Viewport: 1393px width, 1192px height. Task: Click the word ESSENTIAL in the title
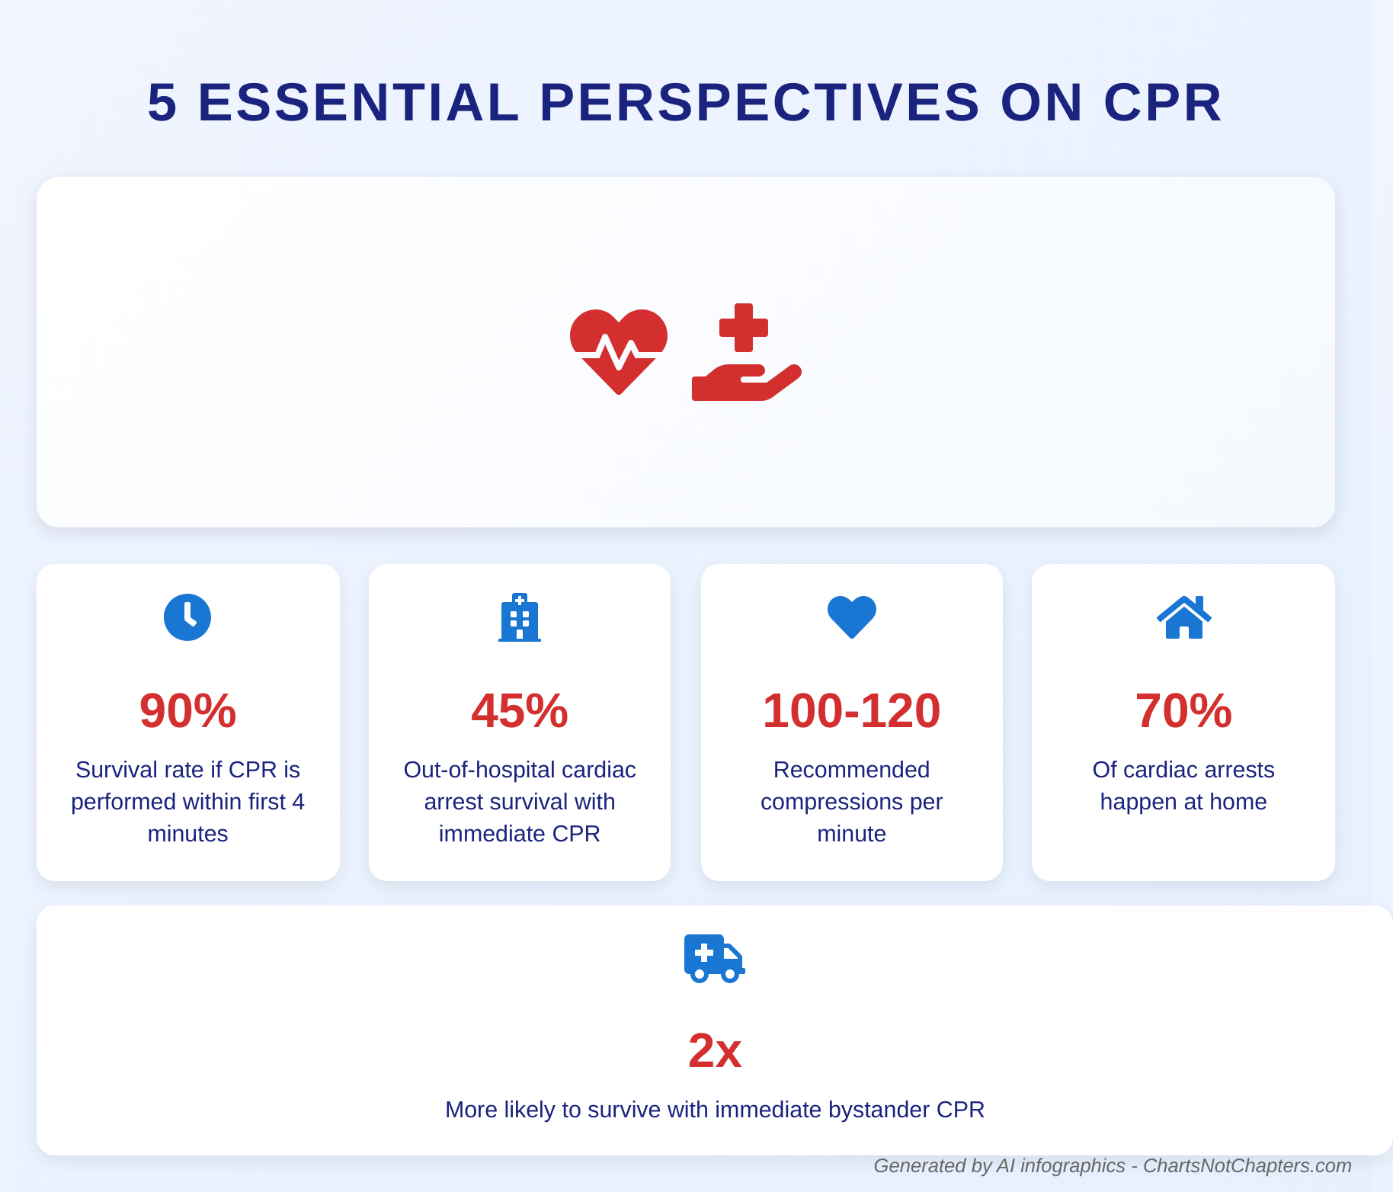(x=358, y=102)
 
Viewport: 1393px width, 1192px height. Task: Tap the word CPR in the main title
(x=1163, y=102)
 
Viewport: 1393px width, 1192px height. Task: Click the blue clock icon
(x=187, y=617)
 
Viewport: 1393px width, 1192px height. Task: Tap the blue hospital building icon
(x=520, y=617)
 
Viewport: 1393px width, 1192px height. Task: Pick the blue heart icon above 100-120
(x=851, y=617)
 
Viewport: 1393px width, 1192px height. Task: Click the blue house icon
(x=1183, y=617)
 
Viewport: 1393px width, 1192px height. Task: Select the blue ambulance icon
(x=714, y=958)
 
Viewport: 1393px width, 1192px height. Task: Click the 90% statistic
(x=187, y=710)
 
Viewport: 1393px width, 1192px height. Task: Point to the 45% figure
(x=520, y=710)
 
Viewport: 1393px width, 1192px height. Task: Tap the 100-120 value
(x=851, y=710)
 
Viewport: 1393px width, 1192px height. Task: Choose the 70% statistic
(x=1183, y=710)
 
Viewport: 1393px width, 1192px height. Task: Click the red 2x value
(x=714, y=1050)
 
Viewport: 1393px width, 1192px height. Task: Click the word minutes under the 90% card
(x=187, y=834)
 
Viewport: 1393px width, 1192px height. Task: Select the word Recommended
(x=851, y=770)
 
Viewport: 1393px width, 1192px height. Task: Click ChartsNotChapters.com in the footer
(x=1247, y=1166)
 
